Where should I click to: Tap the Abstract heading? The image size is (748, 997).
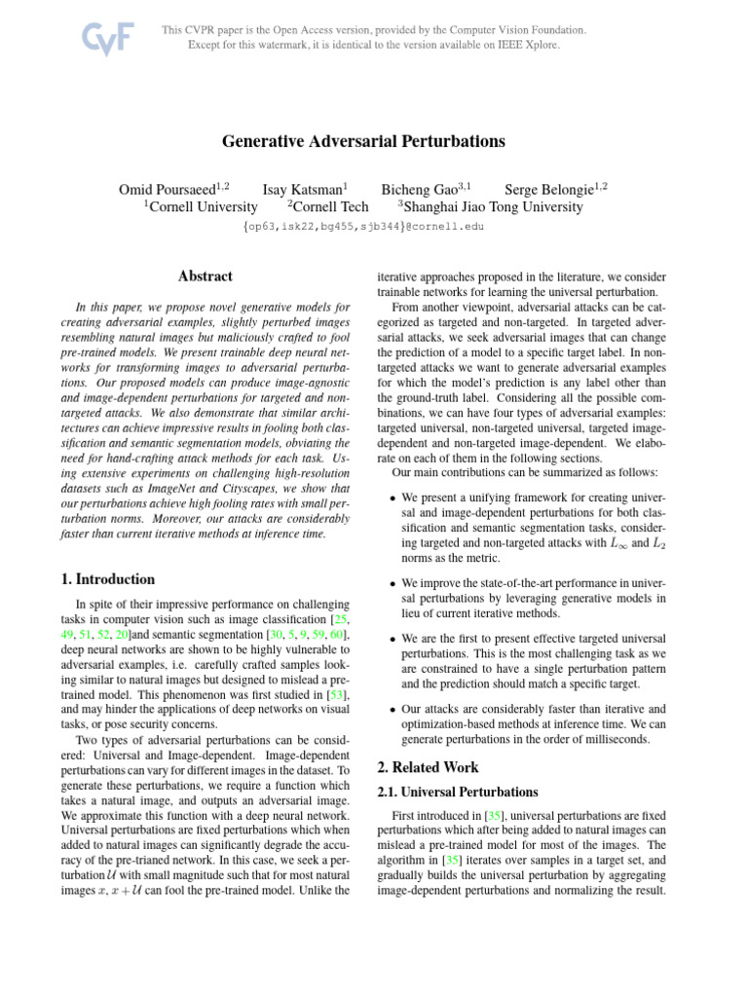pos(206,277)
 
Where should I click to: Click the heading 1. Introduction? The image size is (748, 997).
pos(107,578)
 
